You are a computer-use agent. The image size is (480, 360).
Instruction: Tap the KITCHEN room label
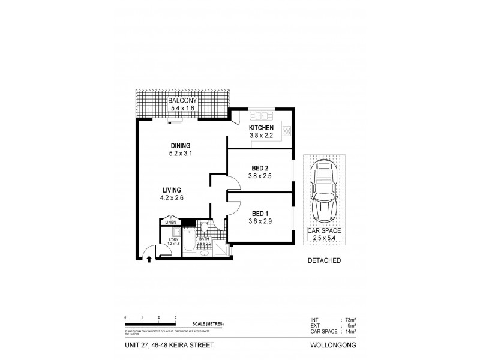[262, 128]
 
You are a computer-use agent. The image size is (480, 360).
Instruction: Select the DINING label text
[180, 146]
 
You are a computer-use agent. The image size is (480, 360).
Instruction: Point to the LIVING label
[172, 190]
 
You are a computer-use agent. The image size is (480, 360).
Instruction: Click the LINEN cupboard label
[171, 223]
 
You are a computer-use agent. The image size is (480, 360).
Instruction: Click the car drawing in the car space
[325, 193]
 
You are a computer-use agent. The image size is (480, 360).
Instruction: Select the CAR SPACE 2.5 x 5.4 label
[325, 234]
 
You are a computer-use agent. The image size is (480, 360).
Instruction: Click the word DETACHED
[325, 260]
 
